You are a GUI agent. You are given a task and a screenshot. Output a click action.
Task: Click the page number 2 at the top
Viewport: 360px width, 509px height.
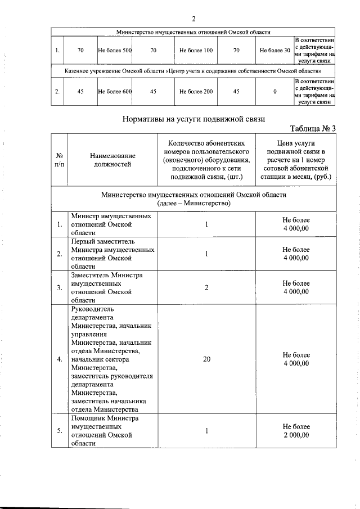(193, 19)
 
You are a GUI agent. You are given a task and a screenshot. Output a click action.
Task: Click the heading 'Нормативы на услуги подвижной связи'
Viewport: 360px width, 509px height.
(193, 119)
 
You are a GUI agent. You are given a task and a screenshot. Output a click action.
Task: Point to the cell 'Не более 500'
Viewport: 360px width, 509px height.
(115, 51)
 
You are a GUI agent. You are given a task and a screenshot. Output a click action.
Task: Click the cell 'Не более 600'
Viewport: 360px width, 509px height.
(115, 91)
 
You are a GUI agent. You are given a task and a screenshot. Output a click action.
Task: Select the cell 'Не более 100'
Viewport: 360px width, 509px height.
(196, 51)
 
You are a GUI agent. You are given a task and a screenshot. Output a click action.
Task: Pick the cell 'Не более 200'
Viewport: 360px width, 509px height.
(196, 91)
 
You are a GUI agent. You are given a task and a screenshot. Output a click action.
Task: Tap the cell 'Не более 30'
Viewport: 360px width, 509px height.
(275, 51)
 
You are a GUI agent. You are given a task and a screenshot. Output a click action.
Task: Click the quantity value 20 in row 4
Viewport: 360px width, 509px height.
(206, 360)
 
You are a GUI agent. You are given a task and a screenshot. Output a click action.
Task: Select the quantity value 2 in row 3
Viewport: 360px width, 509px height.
(206, 288)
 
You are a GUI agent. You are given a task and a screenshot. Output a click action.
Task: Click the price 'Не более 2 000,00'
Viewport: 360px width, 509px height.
(296, 431)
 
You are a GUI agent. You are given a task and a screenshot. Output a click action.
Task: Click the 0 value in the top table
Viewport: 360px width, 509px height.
(275, 91)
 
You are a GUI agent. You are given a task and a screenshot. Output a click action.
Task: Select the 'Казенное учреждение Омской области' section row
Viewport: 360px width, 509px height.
(193, 71)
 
